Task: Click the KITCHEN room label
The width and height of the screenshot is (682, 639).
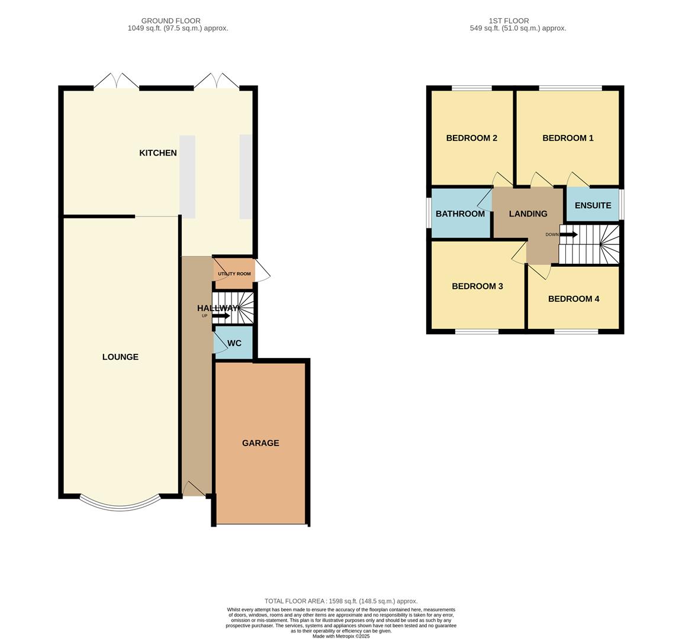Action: (x=157, y=153)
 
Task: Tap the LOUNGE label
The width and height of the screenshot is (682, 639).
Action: (x=120, y=357)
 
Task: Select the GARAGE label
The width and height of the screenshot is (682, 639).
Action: (x=260, y=443)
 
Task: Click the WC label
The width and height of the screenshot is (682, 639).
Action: (x=234, y=343)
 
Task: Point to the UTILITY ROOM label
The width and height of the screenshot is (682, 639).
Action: (x=234, y=274)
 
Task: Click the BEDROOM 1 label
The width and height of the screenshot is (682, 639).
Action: (x=568, y=138)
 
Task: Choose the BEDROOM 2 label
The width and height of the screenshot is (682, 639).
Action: (x=471, y=138)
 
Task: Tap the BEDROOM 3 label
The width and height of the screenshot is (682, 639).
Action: (x=477, y=286)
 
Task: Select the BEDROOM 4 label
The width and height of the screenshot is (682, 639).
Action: (x=573, y=299)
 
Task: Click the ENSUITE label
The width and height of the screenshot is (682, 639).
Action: (x=593, y=205)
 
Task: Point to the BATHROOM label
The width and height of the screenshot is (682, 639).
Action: (x=460, y=214)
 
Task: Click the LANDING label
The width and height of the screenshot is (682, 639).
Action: (x=528, y=214)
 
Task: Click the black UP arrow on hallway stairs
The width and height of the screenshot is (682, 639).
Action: (x=221, y=315)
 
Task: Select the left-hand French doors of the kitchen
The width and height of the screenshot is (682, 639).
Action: (x=116, y=82)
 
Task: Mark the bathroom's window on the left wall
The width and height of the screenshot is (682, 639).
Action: (x=429, y=212)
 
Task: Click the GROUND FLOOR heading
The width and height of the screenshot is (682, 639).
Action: (x=170, y=21)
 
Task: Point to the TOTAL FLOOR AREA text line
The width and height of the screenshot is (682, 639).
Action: (x=340, y=601)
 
